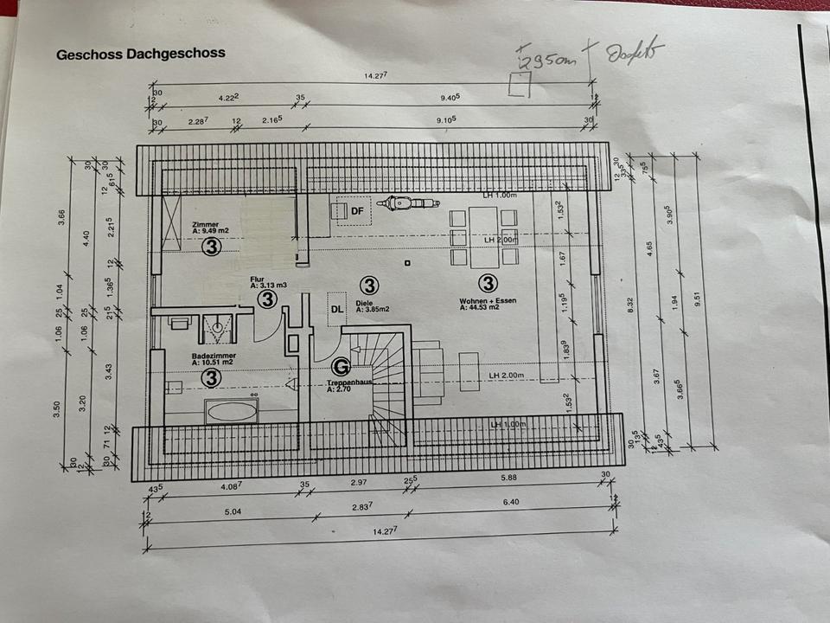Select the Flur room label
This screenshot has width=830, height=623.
258,279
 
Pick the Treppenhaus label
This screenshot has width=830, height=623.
348,382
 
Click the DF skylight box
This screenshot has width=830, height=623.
354,209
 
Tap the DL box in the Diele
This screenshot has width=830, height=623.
336,307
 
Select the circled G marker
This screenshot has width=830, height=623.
341,367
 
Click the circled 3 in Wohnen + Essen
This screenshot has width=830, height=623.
488,283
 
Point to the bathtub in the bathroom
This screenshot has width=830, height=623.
231,409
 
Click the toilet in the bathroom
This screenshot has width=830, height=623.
218,327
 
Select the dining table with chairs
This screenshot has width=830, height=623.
483,236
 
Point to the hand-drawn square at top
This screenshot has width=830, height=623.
519,85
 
